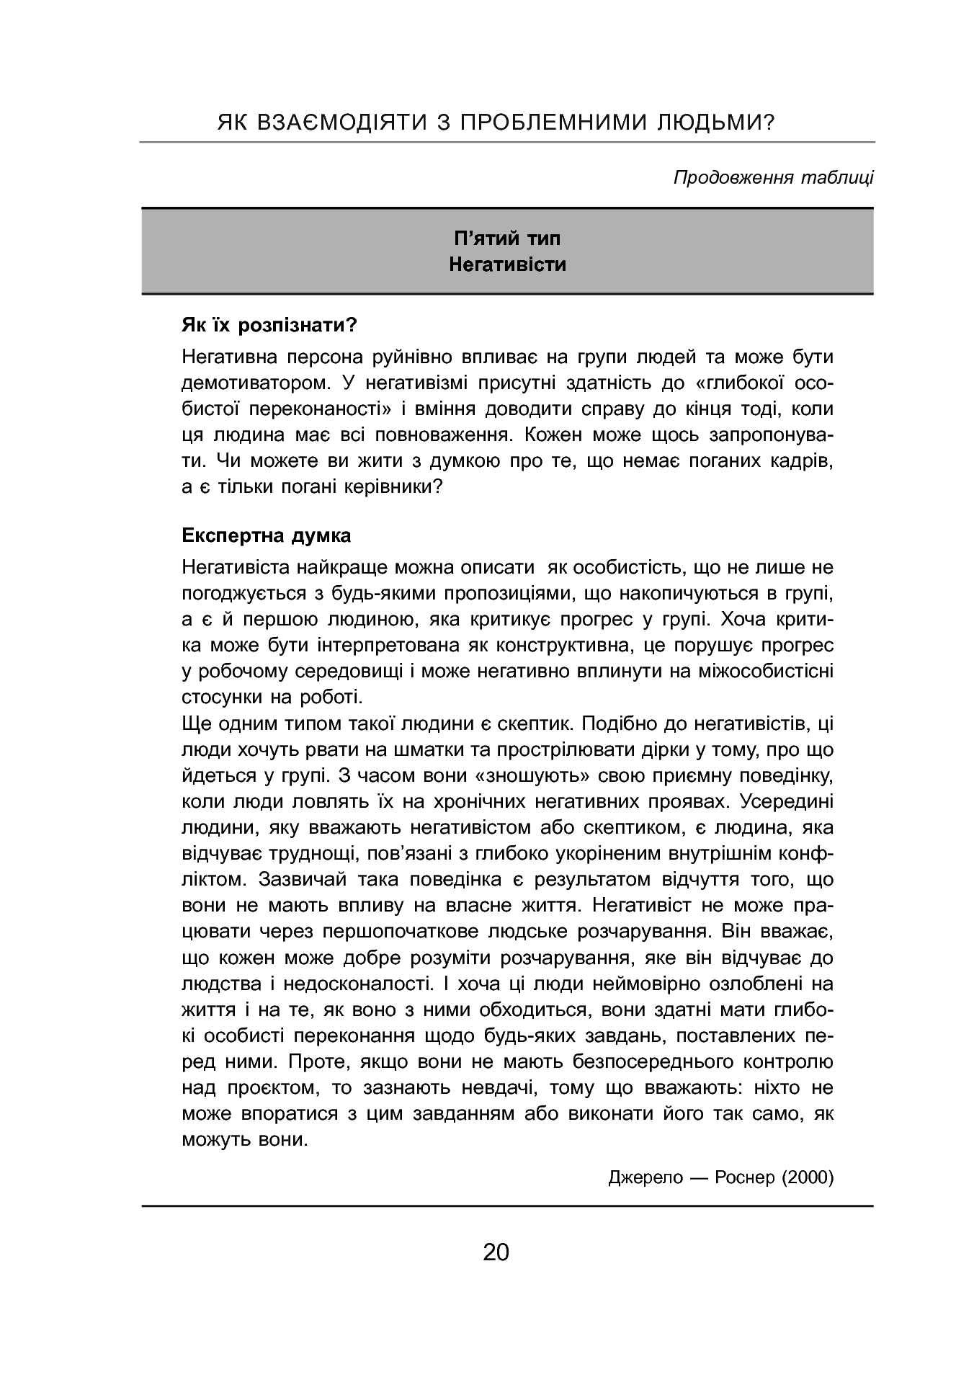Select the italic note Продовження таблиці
tap(773, 177)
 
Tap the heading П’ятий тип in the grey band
tap(507, 239)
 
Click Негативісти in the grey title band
tap(507, 264)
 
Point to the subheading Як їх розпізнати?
tap(269, 325)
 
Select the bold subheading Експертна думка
tap(267, 535)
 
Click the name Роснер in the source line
tap(746, 1177)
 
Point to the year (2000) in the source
tap(807, 1177)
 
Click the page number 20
tap(496, 1252)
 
